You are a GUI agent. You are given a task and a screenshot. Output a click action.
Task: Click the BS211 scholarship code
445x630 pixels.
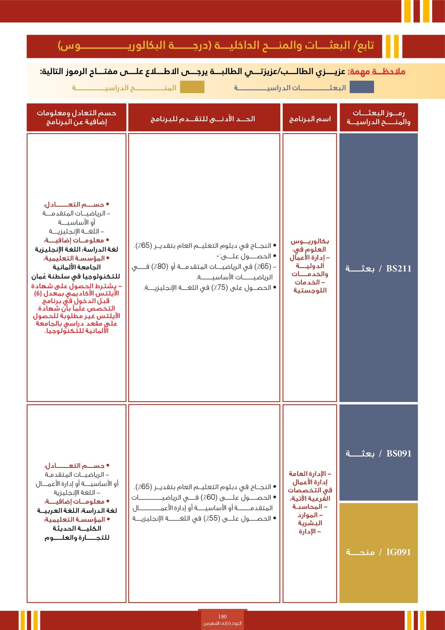(x=399, y=268)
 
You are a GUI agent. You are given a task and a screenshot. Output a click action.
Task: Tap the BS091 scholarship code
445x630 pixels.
(x=399, y=453)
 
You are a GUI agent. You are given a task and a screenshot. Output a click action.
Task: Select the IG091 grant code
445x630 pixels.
(x=399, y=552)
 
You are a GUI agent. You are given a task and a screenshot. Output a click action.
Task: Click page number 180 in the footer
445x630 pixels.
(x=222, y=617)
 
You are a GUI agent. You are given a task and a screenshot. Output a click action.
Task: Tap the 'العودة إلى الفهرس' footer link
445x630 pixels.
(x=222, y=623)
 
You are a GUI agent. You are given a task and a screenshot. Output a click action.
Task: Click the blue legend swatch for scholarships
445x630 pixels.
(x=362, y=87)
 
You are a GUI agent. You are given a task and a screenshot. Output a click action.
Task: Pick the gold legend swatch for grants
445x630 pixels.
(x=192, y=87)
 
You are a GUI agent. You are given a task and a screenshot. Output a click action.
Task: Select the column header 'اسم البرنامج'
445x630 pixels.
(x=310, y=119)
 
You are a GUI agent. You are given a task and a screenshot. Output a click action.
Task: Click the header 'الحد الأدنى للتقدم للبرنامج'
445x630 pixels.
(x=203, y=119)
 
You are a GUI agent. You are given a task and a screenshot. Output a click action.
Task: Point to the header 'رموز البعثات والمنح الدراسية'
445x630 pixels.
(x=379, y=117)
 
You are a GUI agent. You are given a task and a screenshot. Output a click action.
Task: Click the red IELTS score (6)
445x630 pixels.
(x=38, y=293)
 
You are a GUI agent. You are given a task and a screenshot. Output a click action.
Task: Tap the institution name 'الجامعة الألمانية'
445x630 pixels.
(x=77, y=267)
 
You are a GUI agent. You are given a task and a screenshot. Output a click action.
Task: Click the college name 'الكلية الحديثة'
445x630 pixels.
(x=77, y=528)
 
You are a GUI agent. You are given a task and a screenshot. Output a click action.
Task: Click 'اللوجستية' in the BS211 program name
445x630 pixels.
(x=310, y=290)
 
